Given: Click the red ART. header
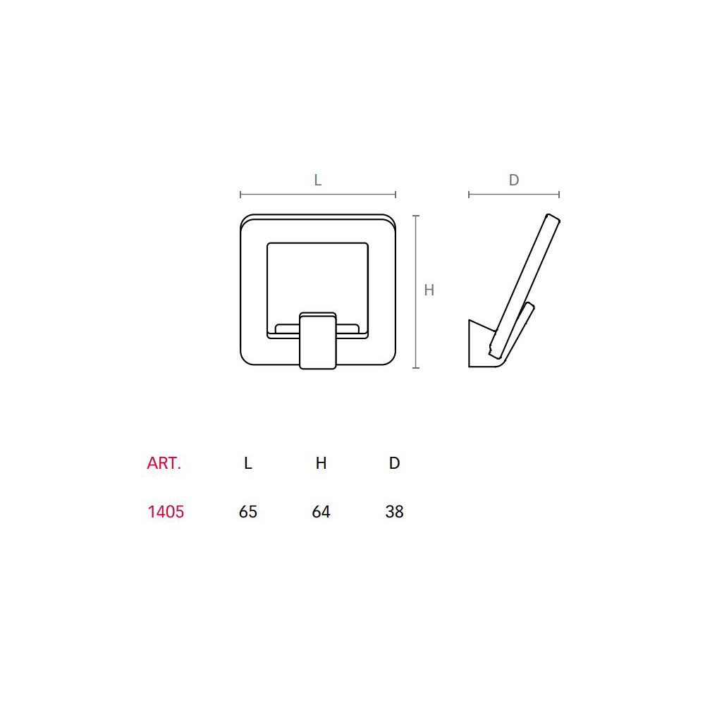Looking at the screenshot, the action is [x=164, y=463].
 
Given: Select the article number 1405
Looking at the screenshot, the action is [x=166, y=512].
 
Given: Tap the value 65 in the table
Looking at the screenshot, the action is [x=247, y=512].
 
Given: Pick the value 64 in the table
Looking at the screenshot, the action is [x=321, y=512].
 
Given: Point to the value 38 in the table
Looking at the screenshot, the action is [x=394, y=512].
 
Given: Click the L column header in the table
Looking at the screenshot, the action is [x=247, y=463].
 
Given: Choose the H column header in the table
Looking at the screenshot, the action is [x=321, y=463].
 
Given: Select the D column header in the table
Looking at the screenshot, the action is [x=394, y=463].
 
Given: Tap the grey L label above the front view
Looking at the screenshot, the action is [x=317, y=180].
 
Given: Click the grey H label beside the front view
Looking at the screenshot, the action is [x=429, y=290].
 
